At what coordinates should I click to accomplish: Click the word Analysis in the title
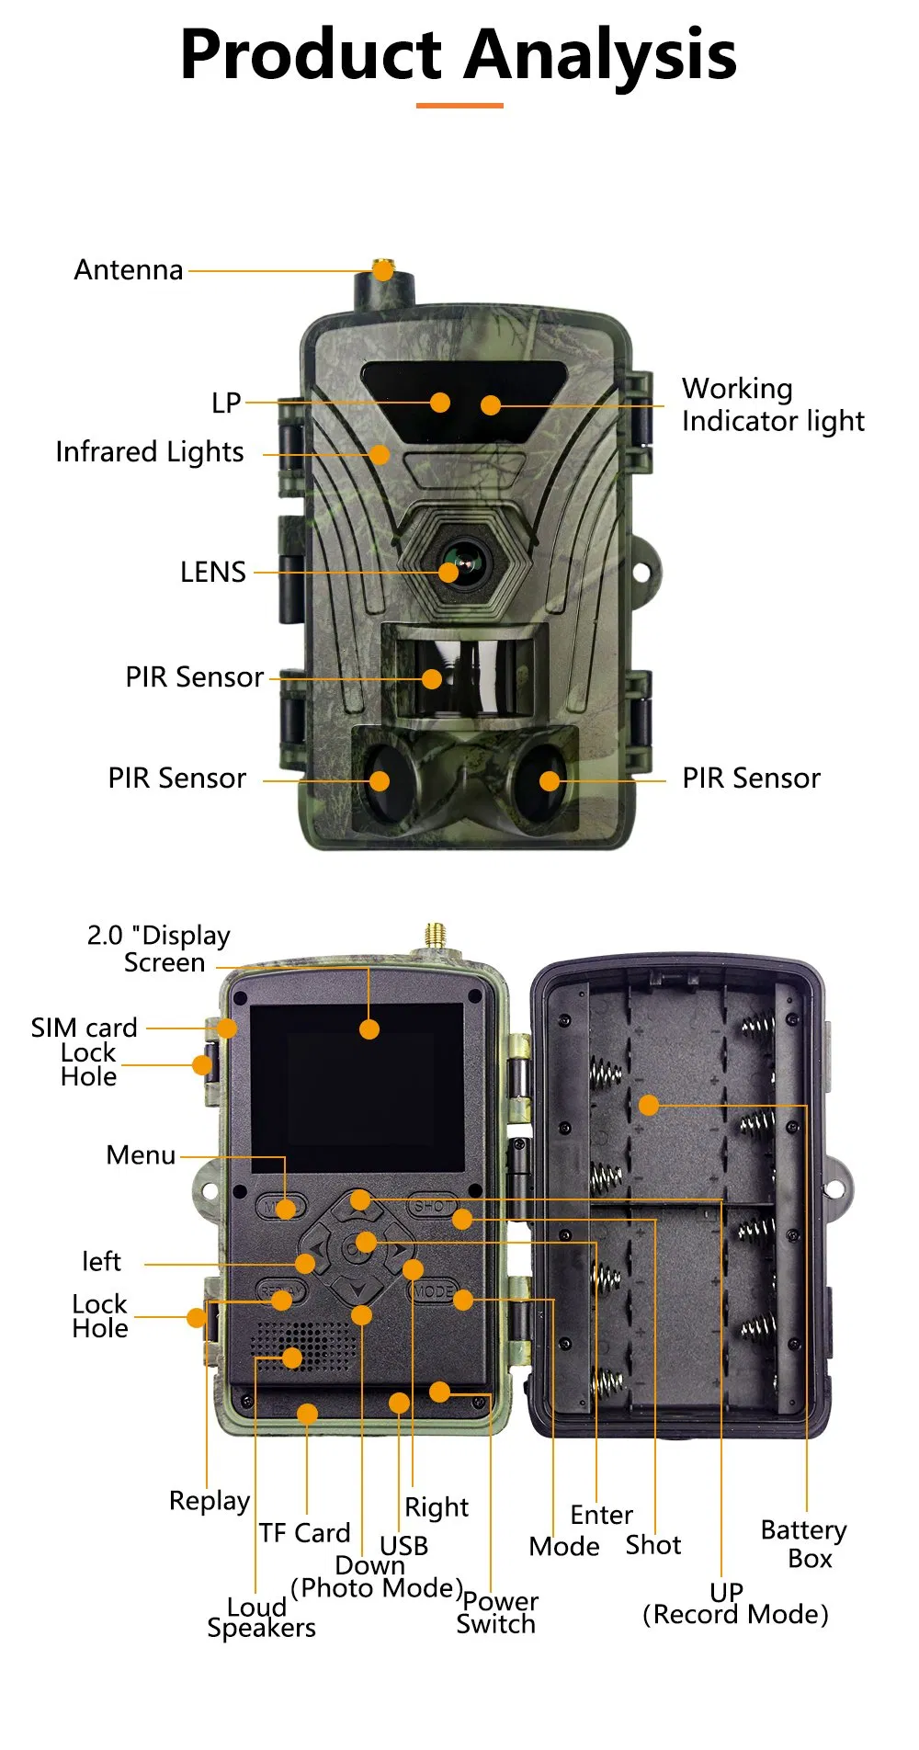click(600, 55)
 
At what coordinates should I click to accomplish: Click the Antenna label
click(129, 270)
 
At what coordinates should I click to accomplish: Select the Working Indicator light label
click(772, 404)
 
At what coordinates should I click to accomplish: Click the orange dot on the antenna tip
click(383, 270)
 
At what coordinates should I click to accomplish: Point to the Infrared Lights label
click(150, 452)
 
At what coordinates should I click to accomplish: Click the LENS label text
click(213, 573)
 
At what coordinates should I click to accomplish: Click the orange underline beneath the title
click(459, 106)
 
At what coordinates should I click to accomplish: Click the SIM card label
click(84, 1028)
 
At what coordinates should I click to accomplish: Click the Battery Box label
click(804, 1544)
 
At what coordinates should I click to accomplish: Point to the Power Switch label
click(498, 1613)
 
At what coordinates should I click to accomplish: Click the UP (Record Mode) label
click(734, 1604)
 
